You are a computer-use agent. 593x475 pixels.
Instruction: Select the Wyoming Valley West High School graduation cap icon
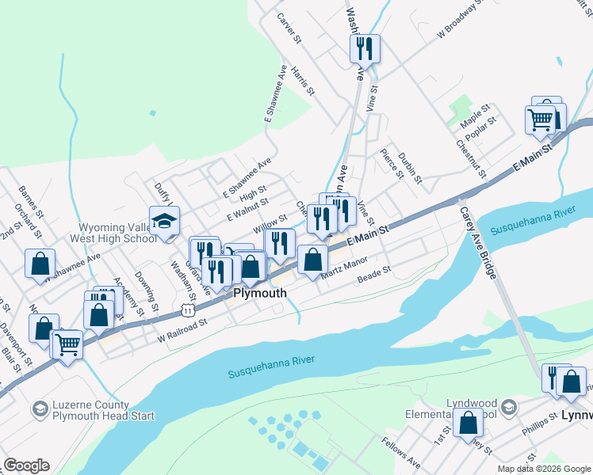tap(164, 222)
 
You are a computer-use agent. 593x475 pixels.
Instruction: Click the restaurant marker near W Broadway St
tap(364, 49)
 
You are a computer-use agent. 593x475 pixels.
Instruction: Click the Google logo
tap(26, 465)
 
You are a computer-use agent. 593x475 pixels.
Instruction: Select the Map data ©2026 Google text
tap(545, 469)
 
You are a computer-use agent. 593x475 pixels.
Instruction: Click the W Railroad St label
tap(182, 329)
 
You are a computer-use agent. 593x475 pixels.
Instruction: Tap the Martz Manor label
tap(344, 268)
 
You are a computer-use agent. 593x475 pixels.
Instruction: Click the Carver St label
tap(290, 27)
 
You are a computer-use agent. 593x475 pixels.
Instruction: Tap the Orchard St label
tap(25, 221)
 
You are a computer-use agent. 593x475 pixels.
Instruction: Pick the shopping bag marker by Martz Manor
tap(313, 259)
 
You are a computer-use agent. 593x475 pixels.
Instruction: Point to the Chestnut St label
tap(470, 156)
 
